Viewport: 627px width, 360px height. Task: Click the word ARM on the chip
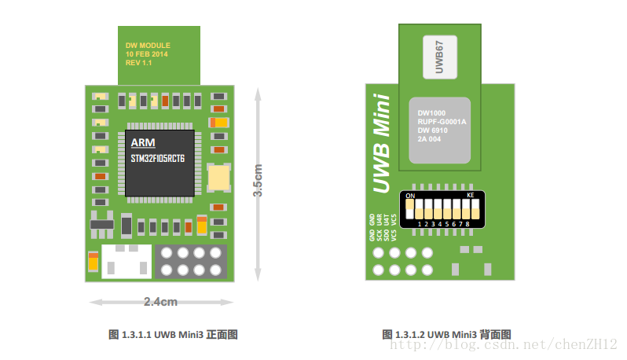click(x=143, y=142)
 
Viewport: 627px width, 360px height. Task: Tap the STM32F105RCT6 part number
click(x=158, y=159)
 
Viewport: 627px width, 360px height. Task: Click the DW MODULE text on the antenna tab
click(x=148, y=46)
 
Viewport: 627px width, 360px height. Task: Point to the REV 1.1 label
click(x=138, y=63)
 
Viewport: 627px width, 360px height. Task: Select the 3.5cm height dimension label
click(x=258, y=180)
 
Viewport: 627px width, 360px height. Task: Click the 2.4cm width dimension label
click(x=160, y=302)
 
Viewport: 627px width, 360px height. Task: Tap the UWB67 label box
click(x=439, y=56)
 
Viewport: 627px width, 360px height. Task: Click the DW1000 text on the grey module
click(x=431, y=112)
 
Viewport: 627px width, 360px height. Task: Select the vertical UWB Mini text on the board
click(x=381, y=143)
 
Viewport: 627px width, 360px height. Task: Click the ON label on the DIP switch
click(x=409, y=194)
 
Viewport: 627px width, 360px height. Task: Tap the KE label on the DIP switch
click(x=471, y=194)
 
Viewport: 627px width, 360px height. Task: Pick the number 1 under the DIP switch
click(x=420, y=224)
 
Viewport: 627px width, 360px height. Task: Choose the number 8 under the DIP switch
click(x=468, y=224)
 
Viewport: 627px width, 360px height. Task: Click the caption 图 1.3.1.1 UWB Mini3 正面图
click(x=172, y=335)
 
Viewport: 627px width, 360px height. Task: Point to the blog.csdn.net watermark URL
click(x=504, y=344)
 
